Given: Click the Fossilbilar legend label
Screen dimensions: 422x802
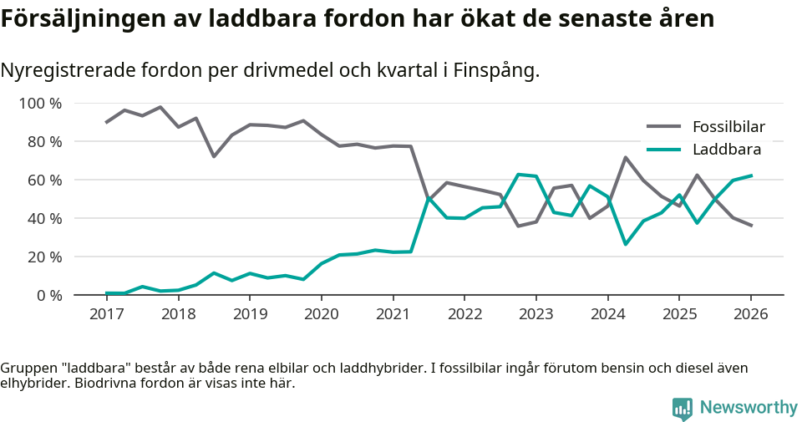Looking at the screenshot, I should click(728, 127).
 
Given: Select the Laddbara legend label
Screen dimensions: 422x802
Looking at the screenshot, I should click(726, 150).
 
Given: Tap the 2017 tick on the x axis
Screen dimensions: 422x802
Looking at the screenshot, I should click(107, 314).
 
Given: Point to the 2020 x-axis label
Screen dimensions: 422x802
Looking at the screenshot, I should click(321, 314).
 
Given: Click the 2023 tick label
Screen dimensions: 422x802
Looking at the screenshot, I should click(536, 314).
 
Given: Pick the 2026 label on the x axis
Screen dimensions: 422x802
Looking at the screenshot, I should click(750, 314).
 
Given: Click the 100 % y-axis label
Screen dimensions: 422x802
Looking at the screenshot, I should click(40, 104).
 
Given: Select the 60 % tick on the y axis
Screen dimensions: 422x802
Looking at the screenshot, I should click(43, 180).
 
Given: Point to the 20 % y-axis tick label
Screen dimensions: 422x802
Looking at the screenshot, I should click(43, 257).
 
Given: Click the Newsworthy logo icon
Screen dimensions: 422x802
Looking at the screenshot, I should click(683, 408).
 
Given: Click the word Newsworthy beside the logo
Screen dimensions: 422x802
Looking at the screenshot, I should click(749, 408).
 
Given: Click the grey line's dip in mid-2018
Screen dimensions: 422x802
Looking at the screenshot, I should click(214, 156).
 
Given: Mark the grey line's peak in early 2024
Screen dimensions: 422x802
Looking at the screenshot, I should click(625, 157).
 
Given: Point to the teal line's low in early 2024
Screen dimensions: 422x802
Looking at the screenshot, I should click(625, 244).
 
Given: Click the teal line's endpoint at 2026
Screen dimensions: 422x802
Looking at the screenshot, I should click(751, 175).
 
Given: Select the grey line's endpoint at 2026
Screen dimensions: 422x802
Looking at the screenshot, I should click(751, 226).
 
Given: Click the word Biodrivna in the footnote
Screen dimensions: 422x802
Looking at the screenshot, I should click(107, 384).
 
